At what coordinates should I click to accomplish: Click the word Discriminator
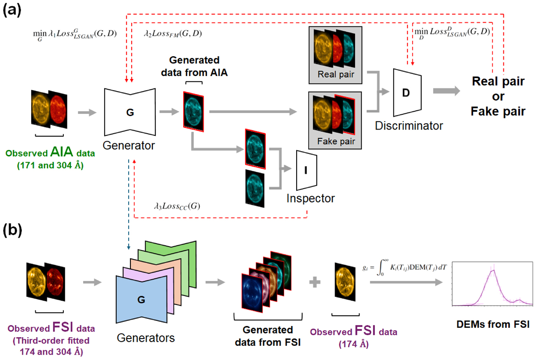[x=409, y=126]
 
